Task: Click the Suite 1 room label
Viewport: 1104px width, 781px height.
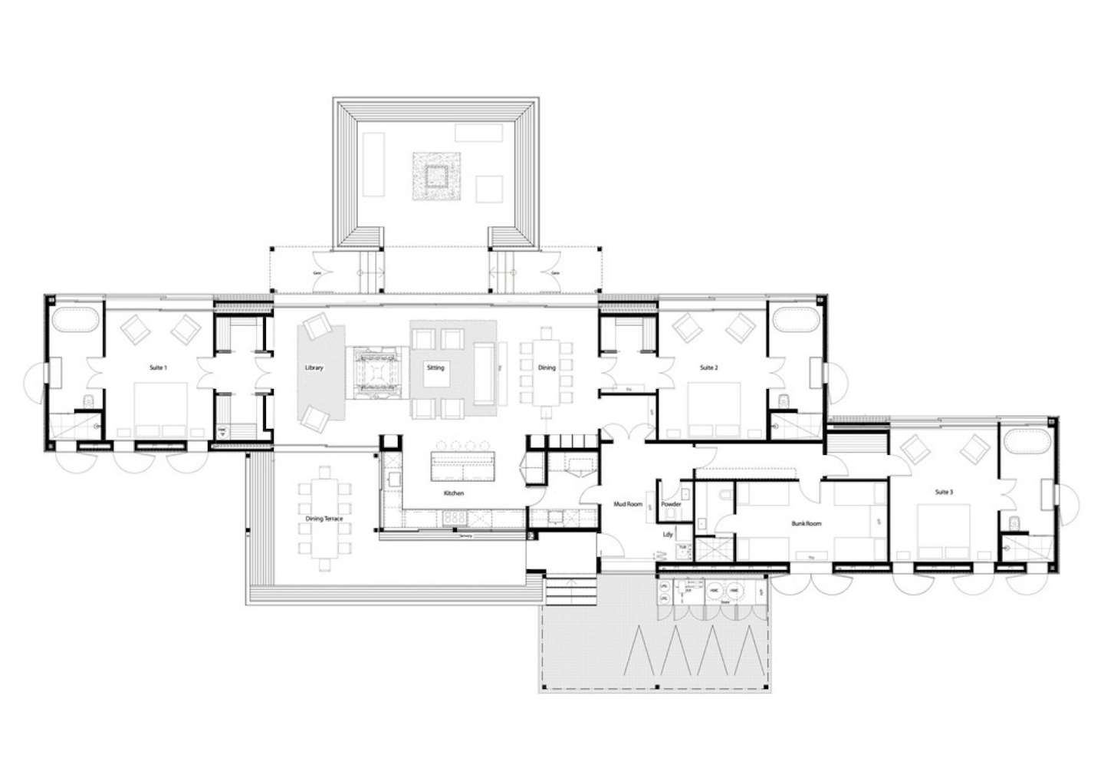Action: [x=158, y=368]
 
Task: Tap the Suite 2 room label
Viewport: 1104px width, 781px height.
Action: [x=708, y=368]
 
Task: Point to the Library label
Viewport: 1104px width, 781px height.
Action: [x=314, y=368]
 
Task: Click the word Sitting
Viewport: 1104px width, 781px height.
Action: [x=435, y=368]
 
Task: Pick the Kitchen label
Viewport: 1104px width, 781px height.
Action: [x=453, y=493]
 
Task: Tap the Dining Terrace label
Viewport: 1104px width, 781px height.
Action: [x=324, y=519]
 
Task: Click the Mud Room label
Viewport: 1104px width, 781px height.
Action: [x=629, y=504]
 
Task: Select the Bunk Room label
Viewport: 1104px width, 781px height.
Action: [x=807, y=523]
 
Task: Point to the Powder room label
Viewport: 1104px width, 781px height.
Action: [x=671, y=504]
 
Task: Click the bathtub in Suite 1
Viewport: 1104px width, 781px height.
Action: [x=74, y=321]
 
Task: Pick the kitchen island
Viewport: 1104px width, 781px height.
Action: [x=463, y=465]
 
